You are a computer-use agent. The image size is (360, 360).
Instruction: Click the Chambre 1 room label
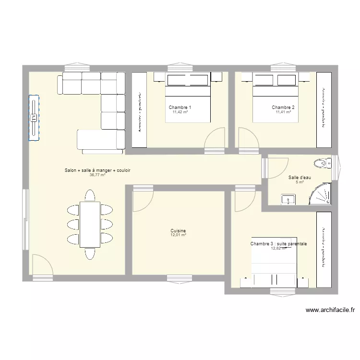(180, 107)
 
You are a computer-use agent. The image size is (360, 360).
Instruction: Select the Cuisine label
(178, 230)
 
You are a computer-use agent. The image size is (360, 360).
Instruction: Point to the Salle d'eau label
(300, 178)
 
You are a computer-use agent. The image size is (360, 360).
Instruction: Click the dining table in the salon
(90, 224)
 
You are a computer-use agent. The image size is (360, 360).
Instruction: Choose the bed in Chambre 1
(188, 98)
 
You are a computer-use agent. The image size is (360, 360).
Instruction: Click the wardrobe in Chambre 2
(324, 109)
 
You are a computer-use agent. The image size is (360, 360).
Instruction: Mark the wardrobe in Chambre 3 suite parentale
(323, 247)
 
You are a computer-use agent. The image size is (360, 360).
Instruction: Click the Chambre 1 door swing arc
(215, 137)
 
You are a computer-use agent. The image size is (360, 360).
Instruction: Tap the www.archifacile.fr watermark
(330, 311)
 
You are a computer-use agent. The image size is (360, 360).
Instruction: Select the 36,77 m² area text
(97, 175)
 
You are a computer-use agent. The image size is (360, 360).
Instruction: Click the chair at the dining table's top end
(90, 195)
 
